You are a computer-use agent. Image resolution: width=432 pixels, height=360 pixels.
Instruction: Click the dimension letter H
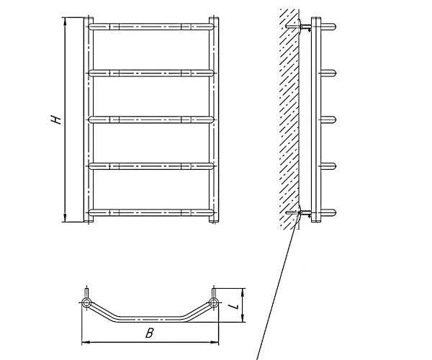(56, 120)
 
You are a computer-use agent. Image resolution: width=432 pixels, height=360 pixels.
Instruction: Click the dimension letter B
(149, 333)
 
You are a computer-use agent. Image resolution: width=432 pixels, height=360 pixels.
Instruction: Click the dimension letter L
(235, 306)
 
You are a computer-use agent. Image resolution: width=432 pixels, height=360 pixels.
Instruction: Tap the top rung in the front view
(151, 27)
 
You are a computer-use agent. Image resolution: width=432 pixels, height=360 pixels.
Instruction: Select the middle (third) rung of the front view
(151, 120)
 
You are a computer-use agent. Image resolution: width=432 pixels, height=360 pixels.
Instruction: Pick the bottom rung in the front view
(151, 212)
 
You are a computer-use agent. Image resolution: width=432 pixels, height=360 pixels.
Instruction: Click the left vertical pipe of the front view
(89, 120)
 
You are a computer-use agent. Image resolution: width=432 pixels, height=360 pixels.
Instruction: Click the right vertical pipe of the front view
(214, 120)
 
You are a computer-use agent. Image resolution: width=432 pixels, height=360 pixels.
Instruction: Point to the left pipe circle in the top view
(86, 302)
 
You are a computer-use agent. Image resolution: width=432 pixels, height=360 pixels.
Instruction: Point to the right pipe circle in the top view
(213, 302)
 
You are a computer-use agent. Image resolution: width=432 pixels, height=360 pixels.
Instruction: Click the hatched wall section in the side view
(289, 118)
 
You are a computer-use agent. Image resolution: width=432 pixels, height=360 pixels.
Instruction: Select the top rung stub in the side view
(328, 27)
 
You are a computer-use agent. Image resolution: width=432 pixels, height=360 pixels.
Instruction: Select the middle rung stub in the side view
(328, 120)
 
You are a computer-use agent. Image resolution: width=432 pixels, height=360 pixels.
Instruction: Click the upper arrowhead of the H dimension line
(66, 21)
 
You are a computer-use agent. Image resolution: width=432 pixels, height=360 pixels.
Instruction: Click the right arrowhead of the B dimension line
(215, 343)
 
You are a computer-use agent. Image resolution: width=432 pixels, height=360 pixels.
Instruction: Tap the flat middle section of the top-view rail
(150, 319)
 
